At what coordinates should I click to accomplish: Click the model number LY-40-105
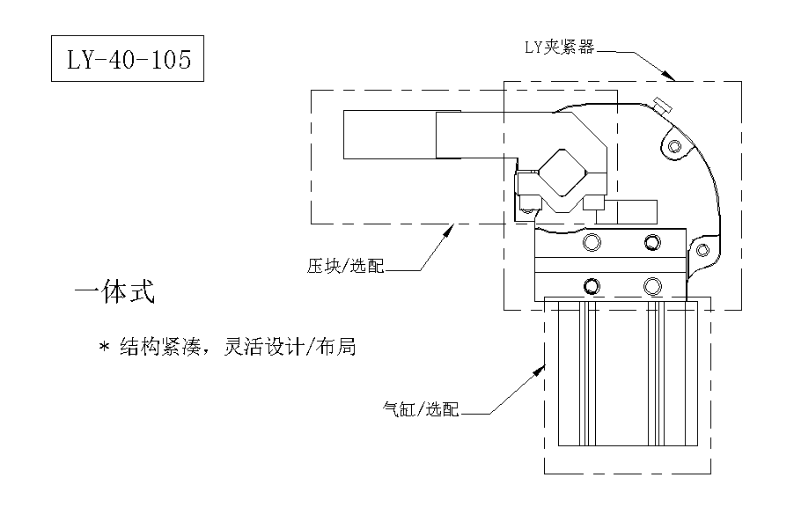[x=128, y=59]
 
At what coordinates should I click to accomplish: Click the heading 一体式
[x=115, y=293]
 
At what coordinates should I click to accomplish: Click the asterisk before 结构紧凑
[x=103, y=348]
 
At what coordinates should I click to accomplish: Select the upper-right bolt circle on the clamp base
[x=652, y=242]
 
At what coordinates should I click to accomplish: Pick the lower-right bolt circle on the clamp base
[x=652, y=285]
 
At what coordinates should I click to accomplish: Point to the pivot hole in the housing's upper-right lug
[x=674, y=145]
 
